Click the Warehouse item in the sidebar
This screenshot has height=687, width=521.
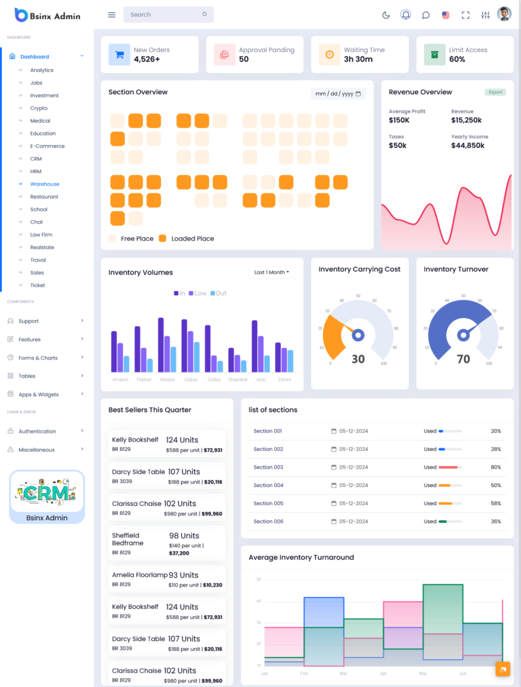(44, 184)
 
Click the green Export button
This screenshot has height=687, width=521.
(495, 92)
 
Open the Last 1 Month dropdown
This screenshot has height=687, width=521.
(271, 272)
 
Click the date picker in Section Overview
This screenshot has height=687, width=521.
(339, 94)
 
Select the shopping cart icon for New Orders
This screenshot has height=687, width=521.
(119, 55)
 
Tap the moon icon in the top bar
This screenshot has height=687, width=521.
(386, 15)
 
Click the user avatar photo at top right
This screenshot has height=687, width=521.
(504, 14)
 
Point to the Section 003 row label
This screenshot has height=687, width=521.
(268, 467)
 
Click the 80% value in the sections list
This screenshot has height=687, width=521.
(496, 467)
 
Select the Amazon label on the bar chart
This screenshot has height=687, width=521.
(120, 379)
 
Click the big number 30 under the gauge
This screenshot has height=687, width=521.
(358, 359)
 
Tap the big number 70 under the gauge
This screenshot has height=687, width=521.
(463, 359)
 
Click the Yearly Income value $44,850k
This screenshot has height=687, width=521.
(468, 146)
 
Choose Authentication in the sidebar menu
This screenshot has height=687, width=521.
(37, 431)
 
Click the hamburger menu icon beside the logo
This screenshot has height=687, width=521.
(112, 15)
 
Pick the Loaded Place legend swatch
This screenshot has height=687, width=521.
(162, 239)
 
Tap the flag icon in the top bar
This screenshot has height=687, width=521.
(446, 15)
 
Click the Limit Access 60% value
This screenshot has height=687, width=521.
(457, 60)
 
